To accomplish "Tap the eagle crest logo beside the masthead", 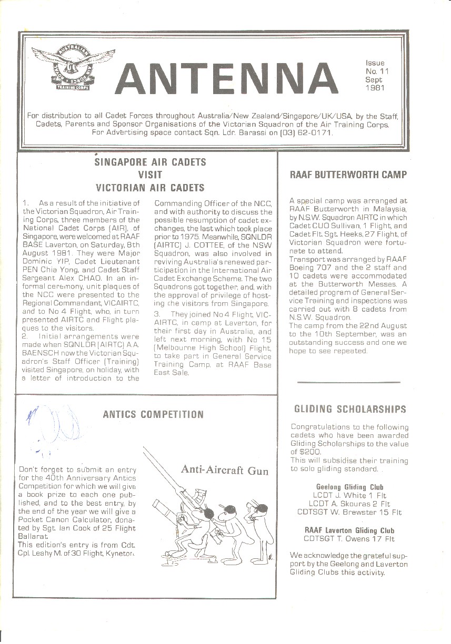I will click(x=73, y=67).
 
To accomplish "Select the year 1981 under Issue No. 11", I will click(x=375, y=88).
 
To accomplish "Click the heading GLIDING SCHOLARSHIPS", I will click(x=350, y=409).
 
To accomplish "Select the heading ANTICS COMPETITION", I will click(x=153, y=415).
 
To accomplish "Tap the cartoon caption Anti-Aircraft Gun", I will click(x=225, y=470).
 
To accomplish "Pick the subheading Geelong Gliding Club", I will click(x=349, y=487).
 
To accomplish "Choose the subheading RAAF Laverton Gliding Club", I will click(x=349, y=530).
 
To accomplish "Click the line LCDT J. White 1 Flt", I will click(x=349, y=495).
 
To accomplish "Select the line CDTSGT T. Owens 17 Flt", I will click(x=349, y=539).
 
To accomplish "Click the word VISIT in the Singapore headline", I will click(x=149, y=175).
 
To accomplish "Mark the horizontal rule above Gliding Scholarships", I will click(x=348, y=382).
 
